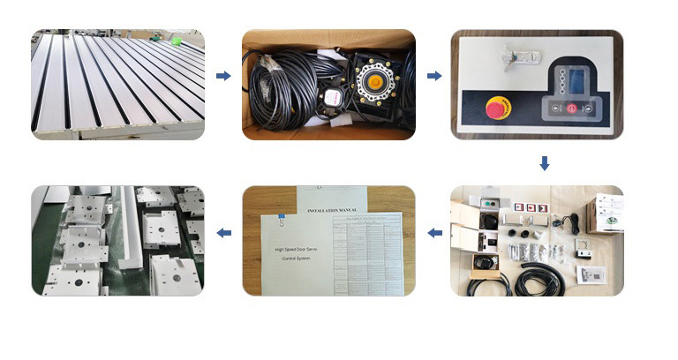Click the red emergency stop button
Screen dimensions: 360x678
pos(493,109)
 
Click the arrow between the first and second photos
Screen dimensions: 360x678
pos(223,77)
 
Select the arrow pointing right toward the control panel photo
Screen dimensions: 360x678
pos(434,77)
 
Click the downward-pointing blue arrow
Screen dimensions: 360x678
pos(545,163)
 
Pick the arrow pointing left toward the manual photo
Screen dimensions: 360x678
pos(434,233)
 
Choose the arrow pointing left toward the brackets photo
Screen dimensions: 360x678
pos(223,233)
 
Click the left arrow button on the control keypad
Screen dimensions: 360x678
pos(554,108)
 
